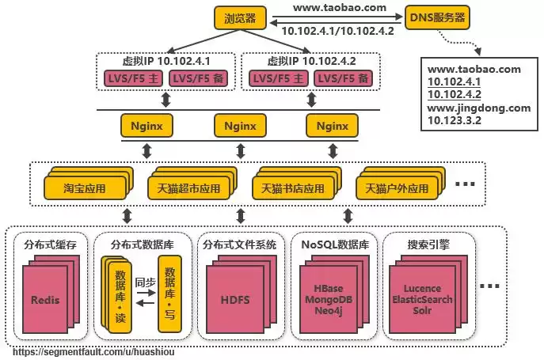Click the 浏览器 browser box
tap(240, 17)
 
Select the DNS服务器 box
tap(436, 17)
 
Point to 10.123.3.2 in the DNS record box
tap(455, 120)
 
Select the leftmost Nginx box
tap(146, 125)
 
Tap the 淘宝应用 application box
tap(85, 189)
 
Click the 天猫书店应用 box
tap(293, 189)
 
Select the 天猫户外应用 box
tap(396, 189)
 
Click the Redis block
tap(45, 301)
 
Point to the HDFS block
tap(234, 301)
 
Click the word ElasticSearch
tap(422, 300)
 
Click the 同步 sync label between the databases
tap(145, 282)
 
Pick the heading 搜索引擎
tap(428, 244)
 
